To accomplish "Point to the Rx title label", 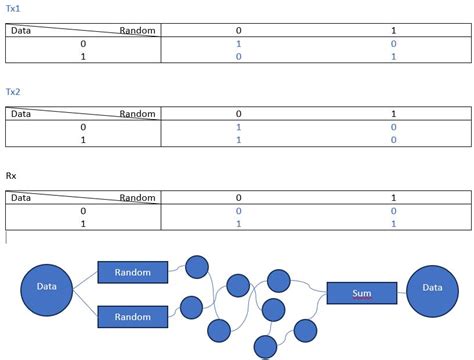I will (x=11, y=176).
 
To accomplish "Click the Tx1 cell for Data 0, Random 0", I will (x=238, y=44).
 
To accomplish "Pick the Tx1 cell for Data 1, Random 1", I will (x=394, y=58).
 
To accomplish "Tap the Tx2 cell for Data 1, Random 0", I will (x=238, y=141).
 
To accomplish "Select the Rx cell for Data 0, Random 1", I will (x=394, y=211).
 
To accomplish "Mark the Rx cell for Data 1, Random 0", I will (x=238, y=225).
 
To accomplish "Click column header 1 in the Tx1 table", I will (x=394, y=30).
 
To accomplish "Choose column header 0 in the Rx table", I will (x=238, y=198).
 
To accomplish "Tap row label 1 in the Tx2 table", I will (x=82, y=141).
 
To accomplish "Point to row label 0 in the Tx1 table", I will (x=82, y=44).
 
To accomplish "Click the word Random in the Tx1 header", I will (x=137, y=31).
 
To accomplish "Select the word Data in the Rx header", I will (x=21, y=198).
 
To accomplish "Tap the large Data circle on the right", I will (x=433, y=287).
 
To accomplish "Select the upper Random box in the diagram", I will (x=132, y=272).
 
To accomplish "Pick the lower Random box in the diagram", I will (x=132, y=317).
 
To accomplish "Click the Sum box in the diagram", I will (x=362, y=293).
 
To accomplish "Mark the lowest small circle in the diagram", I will (x=265, y=346).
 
